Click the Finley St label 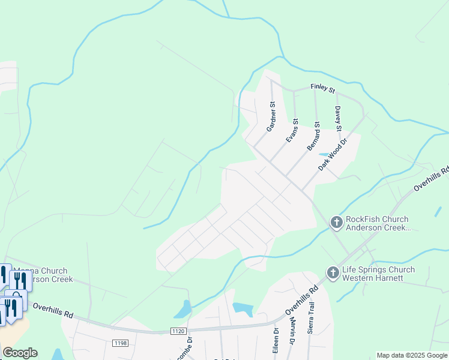click(322, 88)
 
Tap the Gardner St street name click(271, 116)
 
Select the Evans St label click(292, 130)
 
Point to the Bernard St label click(313, 136)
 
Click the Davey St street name click(339, 119)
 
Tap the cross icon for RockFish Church click(336, 223)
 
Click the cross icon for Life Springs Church click(333, 273)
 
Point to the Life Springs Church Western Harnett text click(378, 274)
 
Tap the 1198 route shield click(119, 343)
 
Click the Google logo click(20, 353)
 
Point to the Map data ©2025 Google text click(412, 355)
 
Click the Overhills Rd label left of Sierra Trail click(301, 301)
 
